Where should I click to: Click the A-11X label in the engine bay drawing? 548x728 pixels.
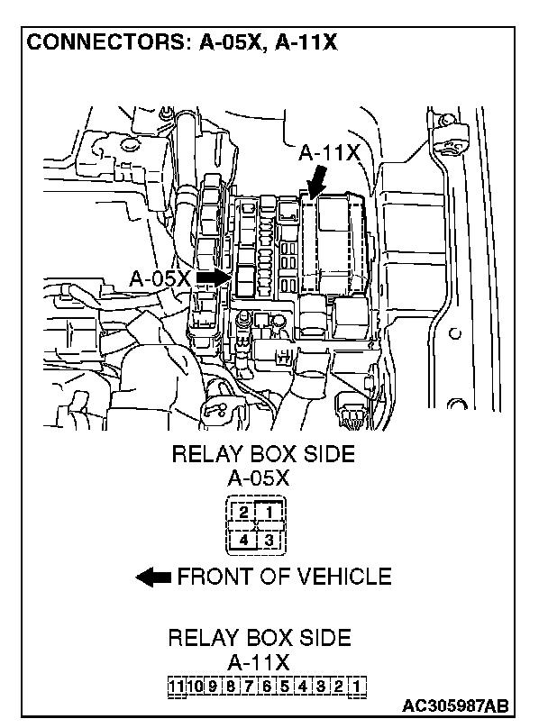(329, 154)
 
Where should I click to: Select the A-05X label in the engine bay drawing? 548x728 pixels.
(160, 278)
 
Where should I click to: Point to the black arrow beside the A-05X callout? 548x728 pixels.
(213, 277)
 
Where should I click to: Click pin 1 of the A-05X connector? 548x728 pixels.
(270, 514)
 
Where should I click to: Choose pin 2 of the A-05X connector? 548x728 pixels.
(243, 514)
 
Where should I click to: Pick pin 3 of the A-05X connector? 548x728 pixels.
(270, 540)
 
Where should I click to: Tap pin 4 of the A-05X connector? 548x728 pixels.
(243, 540)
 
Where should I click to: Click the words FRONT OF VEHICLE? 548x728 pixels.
(284, 577)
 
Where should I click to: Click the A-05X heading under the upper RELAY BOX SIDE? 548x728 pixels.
(259, 478)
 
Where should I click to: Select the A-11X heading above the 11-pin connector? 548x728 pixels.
(259, 662)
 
